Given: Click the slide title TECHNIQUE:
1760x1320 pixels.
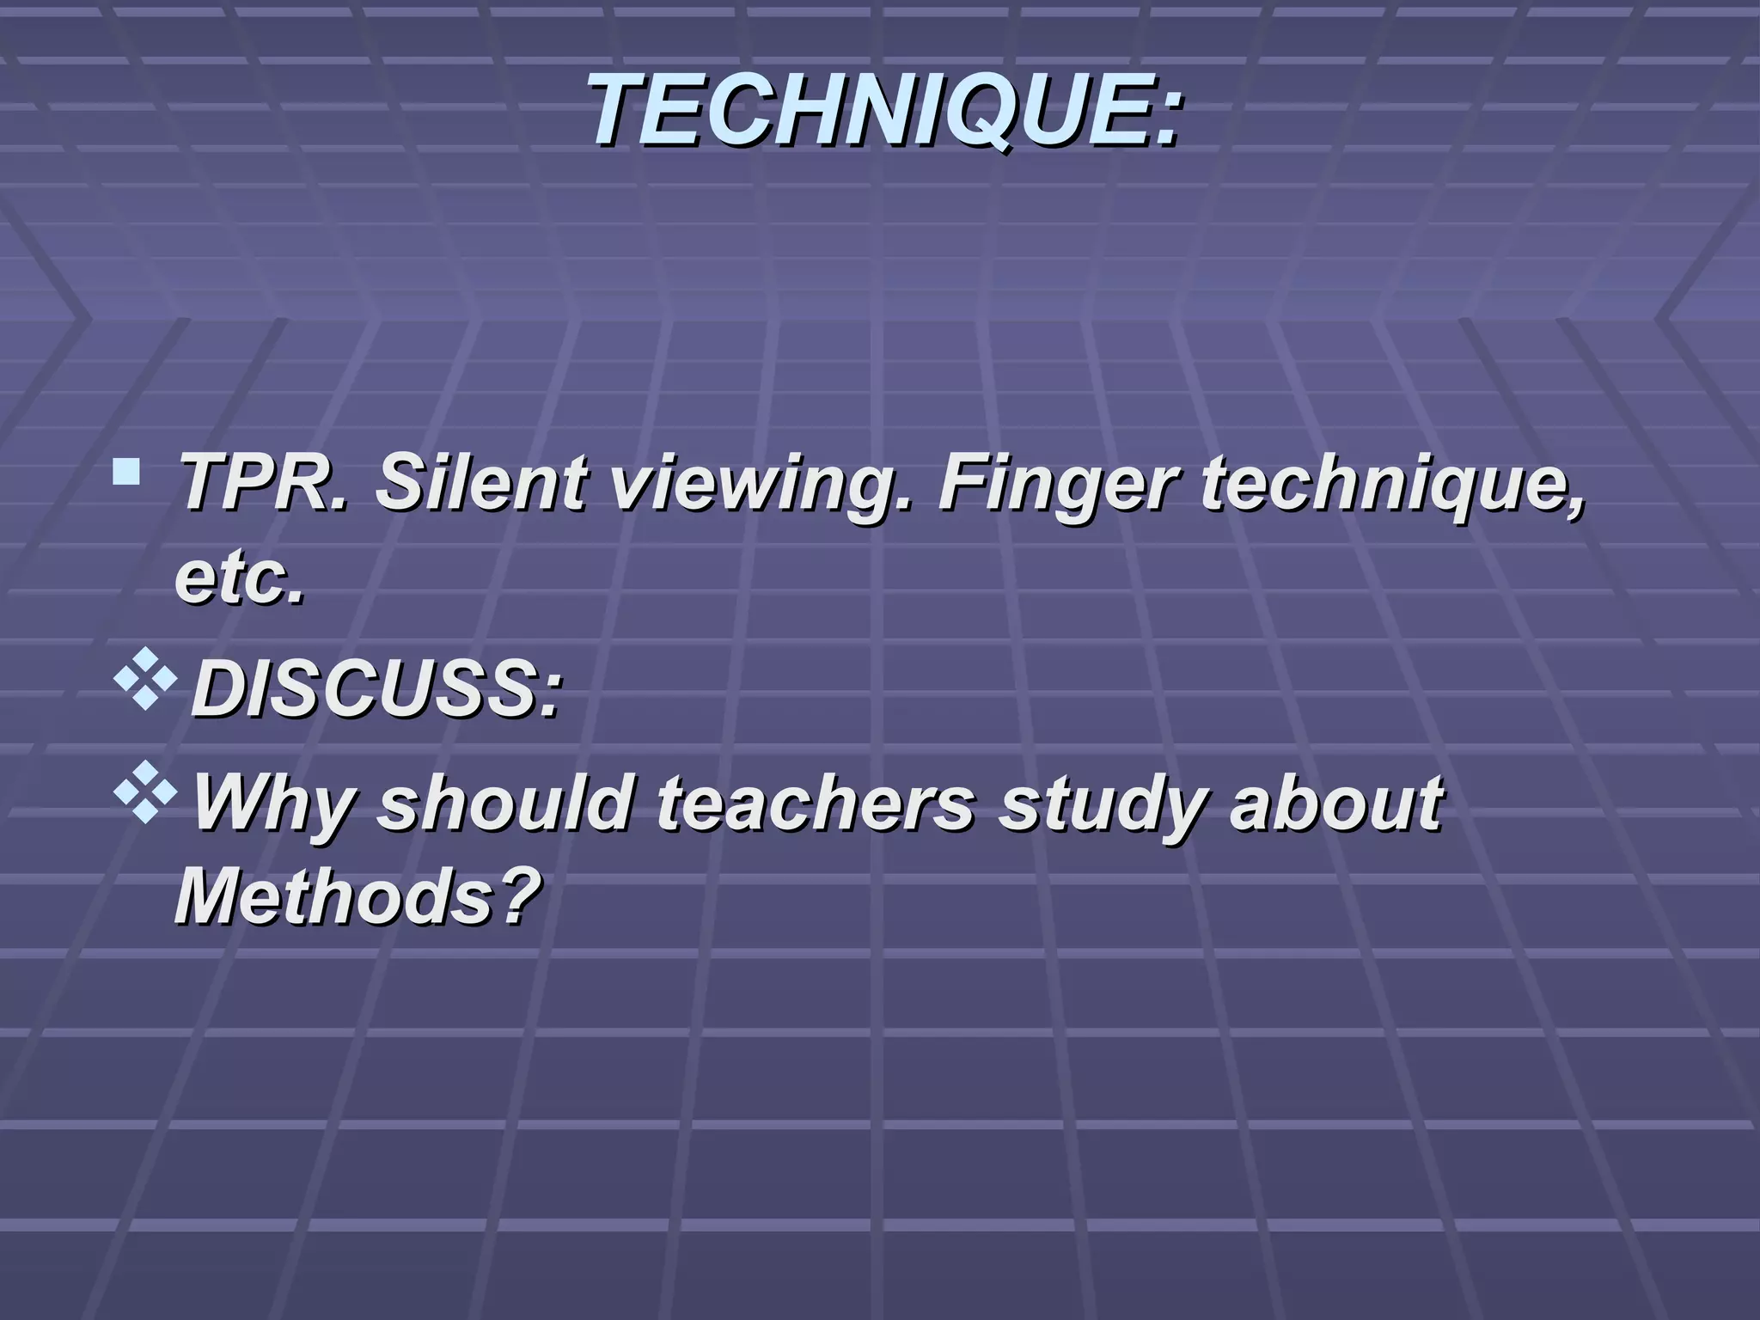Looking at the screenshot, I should tap(885, 110).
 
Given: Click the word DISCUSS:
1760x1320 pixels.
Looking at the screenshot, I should tap(376, 690).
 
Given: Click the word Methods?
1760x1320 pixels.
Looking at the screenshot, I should tap(357, 897).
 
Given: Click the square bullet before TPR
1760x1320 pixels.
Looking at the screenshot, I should tap(127, 471).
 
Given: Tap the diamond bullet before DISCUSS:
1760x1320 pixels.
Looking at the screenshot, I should tap(146, 678).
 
